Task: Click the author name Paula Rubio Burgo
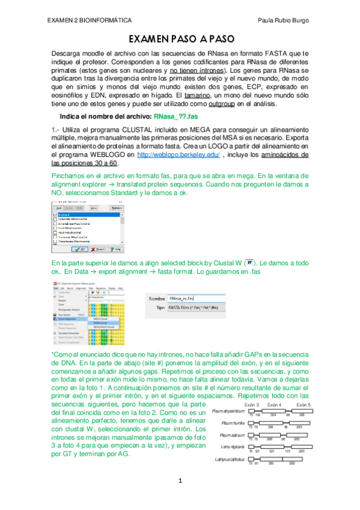tap(282, 20)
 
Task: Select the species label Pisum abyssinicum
tap(228, 411)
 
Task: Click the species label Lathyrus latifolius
tap(231, 459)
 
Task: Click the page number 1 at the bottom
tap(180, 481)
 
